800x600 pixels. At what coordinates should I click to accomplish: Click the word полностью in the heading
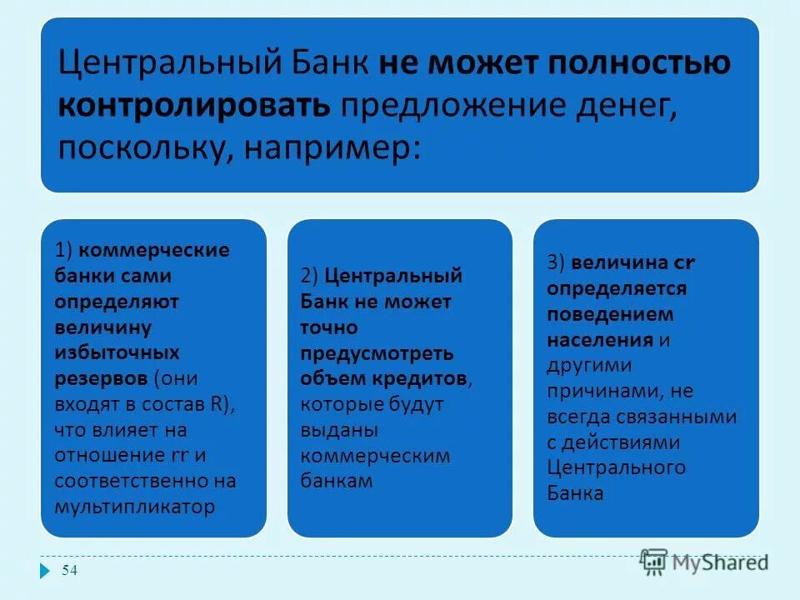(x=637, y=64)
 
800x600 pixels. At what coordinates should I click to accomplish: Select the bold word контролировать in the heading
(x=195, y=106)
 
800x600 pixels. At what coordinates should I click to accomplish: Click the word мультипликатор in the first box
(x=134, y=506)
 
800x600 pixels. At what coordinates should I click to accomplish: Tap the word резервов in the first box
(x=102, y=377)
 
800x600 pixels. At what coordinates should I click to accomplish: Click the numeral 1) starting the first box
(x=65, y=249)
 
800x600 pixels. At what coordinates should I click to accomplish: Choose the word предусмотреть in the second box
(x=377, y=352)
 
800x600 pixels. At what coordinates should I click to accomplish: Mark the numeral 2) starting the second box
(x=310, y=276)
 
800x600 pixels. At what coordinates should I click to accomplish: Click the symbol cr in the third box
(x=684, y=262)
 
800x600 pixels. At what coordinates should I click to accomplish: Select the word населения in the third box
(x=600, y=339)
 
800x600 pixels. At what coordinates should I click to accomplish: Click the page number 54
(x=70, y=570)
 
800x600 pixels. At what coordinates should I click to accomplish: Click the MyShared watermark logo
(x=705, y=561)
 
